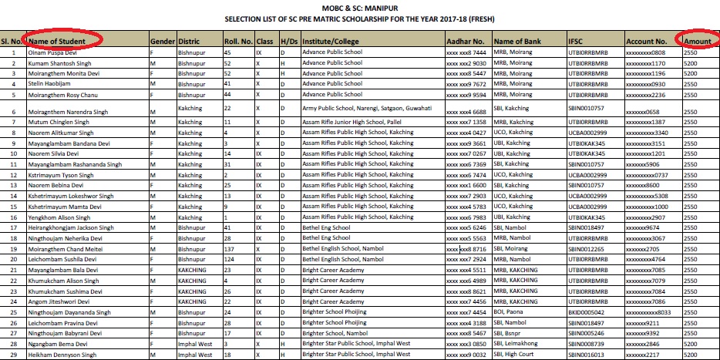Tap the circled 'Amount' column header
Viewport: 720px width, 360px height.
697,40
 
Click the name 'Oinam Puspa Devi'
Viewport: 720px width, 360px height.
52,52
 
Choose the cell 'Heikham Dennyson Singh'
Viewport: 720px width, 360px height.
61,354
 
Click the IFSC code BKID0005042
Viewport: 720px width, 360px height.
588,311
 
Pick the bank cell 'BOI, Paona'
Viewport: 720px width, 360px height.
510,311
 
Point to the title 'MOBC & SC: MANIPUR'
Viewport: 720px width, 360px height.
358,6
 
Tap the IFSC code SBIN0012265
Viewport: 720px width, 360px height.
588,250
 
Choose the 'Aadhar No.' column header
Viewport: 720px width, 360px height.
466,40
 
